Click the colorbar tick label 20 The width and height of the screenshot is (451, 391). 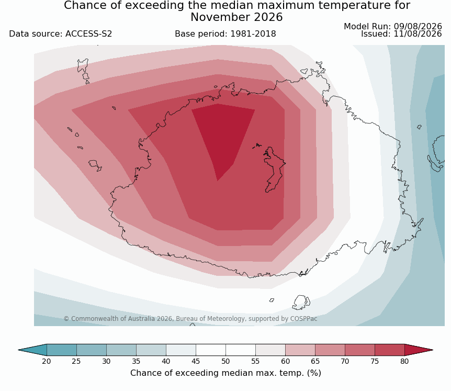(x=47, y=361)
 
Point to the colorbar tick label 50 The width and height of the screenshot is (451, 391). (x=225, y=361)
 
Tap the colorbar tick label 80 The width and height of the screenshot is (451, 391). (x=404, y=361)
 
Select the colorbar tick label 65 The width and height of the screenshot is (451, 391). (x=315, y=361)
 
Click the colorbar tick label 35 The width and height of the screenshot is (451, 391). (x=136, y=361)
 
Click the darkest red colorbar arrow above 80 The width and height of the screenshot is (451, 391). (x=417, y=350)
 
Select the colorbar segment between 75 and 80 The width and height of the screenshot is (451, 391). (x=390, y=350)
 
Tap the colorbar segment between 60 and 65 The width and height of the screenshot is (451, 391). (x=300, y=350)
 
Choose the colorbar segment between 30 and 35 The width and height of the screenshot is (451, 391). (x=121, y=350)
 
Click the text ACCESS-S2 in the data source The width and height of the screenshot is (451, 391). (x=88, y=34)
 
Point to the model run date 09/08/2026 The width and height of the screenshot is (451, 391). (x=418, y=27)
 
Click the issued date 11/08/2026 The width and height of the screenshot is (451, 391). (x=418, y=34)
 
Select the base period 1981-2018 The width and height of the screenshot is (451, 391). (x=253, y=34)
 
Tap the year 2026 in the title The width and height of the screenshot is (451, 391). (x=268, y=17)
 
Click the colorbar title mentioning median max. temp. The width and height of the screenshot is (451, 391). (x=226, y=373)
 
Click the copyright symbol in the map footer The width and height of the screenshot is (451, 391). (x=66, y=319)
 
